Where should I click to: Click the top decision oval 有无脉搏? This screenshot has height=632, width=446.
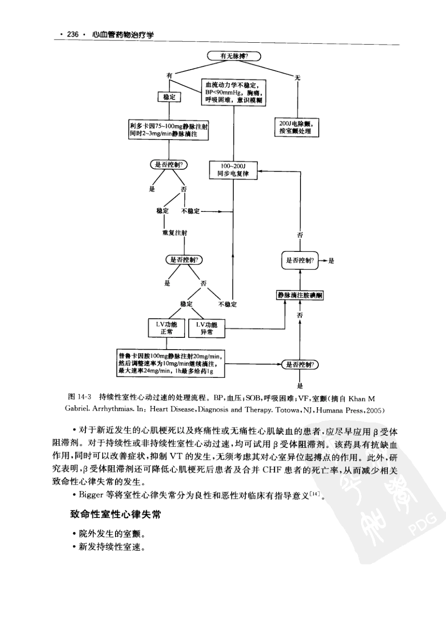tap(234, 56)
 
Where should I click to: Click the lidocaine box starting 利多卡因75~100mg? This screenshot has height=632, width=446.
tap(169, 130)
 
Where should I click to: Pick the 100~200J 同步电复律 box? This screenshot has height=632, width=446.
tap(233, 170)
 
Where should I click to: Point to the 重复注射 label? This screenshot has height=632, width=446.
tap(175, 233)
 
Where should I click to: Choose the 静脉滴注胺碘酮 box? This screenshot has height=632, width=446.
tap(300, 295)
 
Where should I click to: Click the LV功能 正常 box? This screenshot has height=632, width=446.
tap(167, 328)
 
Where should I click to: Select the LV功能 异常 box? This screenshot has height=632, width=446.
tap(207, 328)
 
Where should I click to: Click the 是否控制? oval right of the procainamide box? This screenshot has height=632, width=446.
tap(300, 365)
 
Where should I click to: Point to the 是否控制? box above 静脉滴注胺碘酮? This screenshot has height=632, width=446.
tap(300, 260)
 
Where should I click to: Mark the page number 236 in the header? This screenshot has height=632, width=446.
tap(73, 35)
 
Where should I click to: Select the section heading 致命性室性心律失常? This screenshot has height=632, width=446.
tap(115, 515)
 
